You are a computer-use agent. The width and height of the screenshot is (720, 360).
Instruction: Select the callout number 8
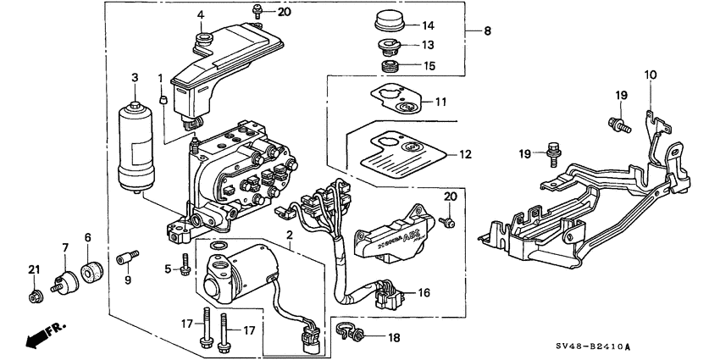coord(485,31)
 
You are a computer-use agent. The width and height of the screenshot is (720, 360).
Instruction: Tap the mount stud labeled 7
coord(62,280)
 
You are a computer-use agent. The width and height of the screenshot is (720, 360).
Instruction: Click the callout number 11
coord(440,102)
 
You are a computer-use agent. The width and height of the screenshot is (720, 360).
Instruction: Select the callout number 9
coord(129,281)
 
